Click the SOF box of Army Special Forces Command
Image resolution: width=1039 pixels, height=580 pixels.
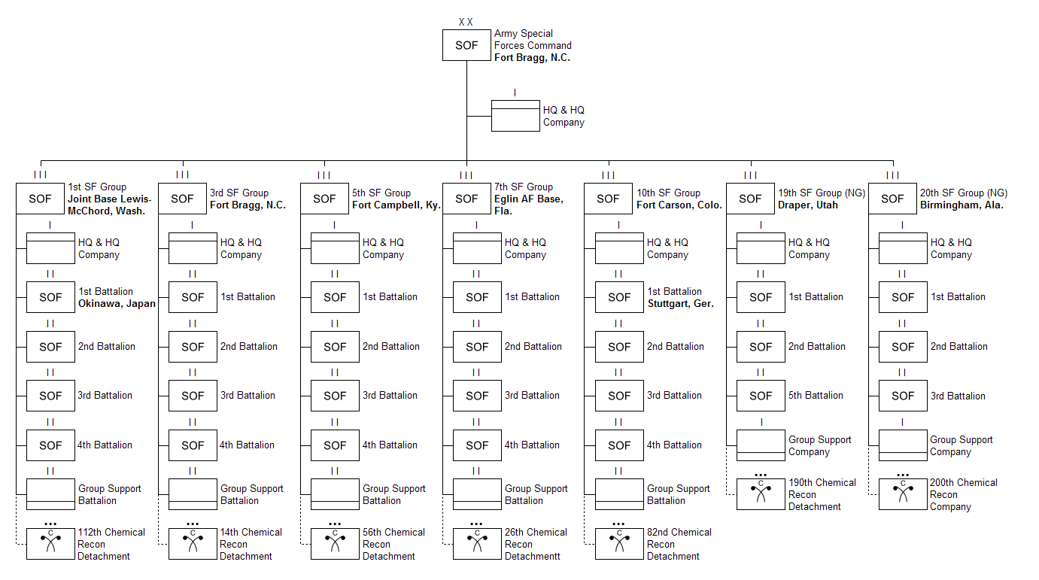point(466,46)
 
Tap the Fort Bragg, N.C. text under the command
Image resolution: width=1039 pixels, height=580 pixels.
point(532,58)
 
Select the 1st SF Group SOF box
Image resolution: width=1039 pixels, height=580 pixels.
point(40,199)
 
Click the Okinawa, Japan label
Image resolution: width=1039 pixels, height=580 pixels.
point(117,304)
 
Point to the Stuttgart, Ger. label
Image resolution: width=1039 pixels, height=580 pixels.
point(680,304)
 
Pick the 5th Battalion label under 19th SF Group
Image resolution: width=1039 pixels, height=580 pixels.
point(816,396)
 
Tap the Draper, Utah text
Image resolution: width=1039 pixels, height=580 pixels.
point(807,205)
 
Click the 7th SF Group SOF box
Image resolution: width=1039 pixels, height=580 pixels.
point(466,199)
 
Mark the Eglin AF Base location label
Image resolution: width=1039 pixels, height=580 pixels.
point(528,205)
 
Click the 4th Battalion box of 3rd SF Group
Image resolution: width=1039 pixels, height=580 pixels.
point(193,445)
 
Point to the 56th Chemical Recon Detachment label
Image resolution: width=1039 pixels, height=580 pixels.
point(393,544)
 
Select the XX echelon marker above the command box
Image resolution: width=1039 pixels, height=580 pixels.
point(466,23)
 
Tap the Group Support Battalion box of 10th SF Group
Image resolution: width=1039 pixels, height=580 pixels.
point(619,494)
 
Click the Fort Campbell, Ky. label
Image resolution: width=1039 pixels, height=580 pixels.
point(396,205)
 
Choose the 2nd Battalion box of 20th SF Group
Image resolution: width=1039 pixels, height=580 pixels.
point(903,347)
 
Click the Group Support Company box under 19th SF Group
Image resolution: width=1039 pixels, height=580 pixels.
point(761,445)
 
